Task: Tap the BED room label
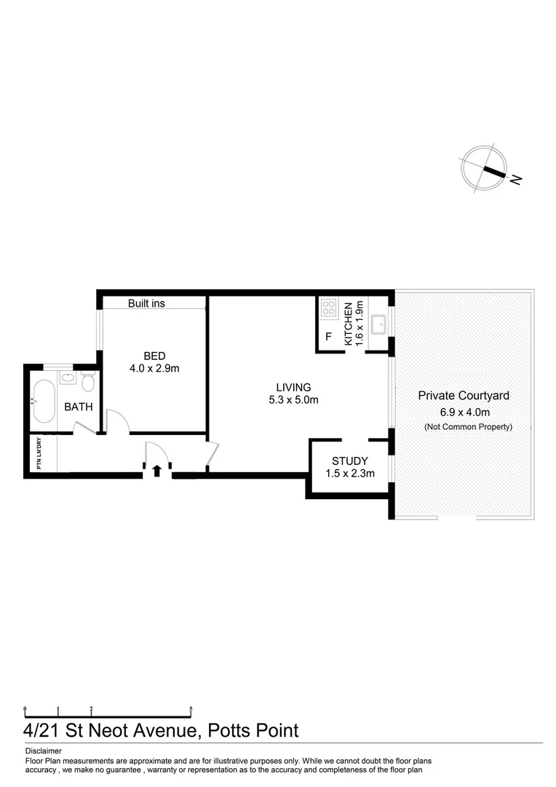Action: pyautogui.click(x=154, y=356)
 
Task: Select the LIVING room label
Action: pyautogui.click(x=293, y=387)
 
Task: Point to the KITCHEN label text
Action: pyautogui.click(x=349, y=324)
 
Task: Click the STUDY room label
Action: pyautogui.click(x=349, y=461)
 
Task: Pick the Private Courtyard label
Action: pyautogui.click(x=464, y=396)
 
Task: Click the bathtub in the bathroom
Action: pyautogui.click(x=43, y=401)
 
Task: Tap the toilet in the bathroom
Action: pyautogui.click(x=88, y=383)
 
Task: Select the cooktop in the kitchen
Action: pyautogui.click(x=328, y=308)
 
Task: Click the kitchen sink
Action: pyautogui.click(x=378, y=323)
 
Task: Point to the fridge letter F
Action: pyautogui.click(x=328, y=337)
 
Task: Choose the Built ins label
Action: pyautogui.click(x=146, y=303)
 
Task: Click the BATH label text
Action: pyautogui.click(x=79, y=407)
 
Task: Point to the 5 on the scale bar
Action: pyautogui.click(x=191, y=708)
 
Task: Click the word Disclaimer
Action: pyautogui.click(x=44, y=751)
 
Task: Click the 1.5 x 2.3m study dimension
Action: pyautogui.click(x=349, y=474)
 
